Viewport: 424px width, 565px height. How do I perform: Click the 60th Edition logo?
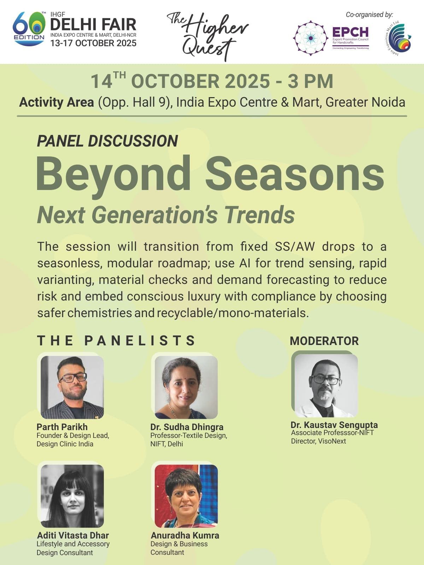(29, 29)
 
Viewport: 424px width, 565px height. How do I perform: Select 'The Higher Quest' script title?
(207, 36)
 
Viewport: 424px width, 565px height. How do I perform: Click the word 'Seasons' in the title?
(295, 173)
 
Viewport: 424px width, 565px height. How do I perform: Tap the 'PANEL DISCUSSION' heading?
(107, 141)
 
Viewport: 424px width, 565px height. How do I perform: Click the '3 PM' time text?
(311, 81)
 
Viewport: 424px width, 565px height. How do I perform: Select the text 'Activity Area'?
(57, 102)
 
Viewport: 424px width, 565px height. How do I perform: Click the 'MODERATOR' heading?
(324, 341)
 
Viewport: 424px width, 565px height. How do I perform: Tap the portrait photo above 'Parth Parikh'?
(72, 387)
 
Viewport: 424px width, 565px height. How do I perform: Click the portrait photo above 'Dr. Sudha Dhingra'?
(186, 387)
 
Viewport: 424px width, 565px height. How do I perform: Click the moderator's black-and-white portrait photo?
(326, 386)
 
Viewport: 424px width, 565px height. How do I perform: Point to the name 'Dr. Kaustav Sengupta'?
(334, 425)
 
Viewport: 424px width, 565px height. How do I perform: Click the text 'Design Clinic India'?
(65, 444)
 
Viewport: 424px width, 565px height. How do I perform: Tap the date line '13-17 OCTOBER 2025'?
(93, 43)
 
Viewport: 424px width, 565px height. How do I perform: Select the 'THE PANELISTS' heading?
(116, 340)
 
